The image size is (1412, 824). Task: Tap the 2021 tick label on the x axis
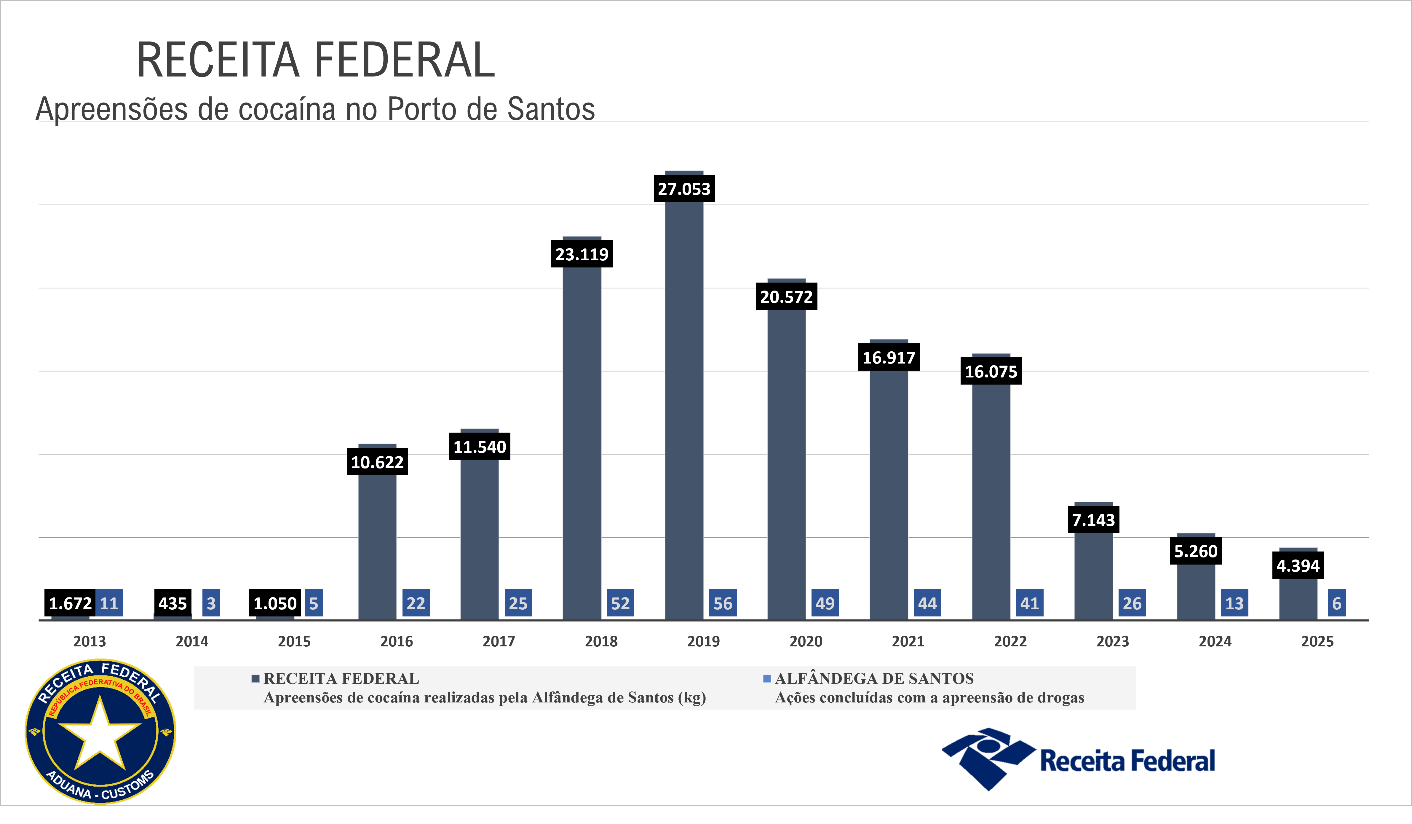click(908, 641)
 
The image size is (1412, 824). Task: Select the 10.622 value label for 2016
click(377, 463)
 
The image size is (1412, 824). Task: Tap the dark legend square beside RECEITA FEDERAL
click(255, 679)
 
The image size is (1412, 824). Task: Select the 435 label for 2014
click(172, 604)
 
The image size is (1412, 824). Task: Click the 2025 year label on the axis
click(1317, 641)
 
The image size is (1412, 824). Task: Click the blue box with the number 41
click(1029, 603)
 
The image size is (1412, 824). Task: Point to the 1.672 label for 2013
click(70, 604)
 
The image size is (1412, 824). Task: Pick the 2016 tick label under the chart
click(396, 641)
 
